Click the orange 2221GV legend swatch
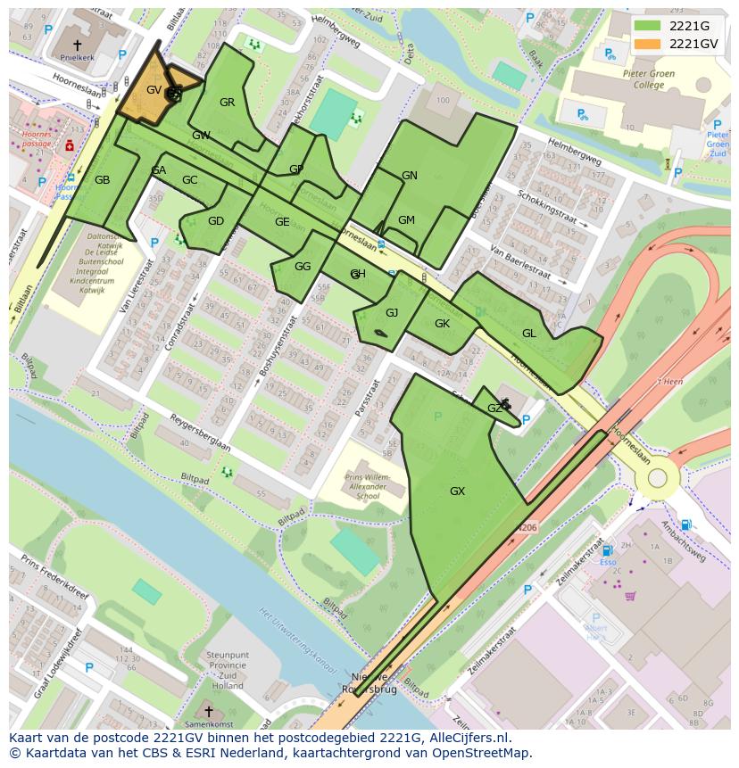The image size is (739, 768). click(648, 44)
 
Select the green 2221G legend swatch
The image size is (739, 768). click(648, 26)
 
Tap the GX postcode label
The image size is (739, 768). click(457, 491)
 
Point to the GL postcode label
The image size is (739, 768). click(529, 334)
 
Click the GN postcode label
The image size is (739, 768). click(410, 176)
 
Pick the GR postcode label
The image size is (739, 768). click(228, 103)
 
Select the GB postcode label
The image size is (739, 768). click(103, 180)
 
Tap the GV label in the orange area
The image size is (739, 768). click(154, 90)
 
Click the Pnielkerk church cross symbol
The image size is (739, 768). click(77, 44)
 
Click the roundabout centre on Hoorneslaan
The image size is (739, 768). click(658, 478)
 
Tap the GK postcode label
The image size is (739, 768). click(442, 324)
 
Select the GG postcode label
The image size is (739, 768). click(303, 267)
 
